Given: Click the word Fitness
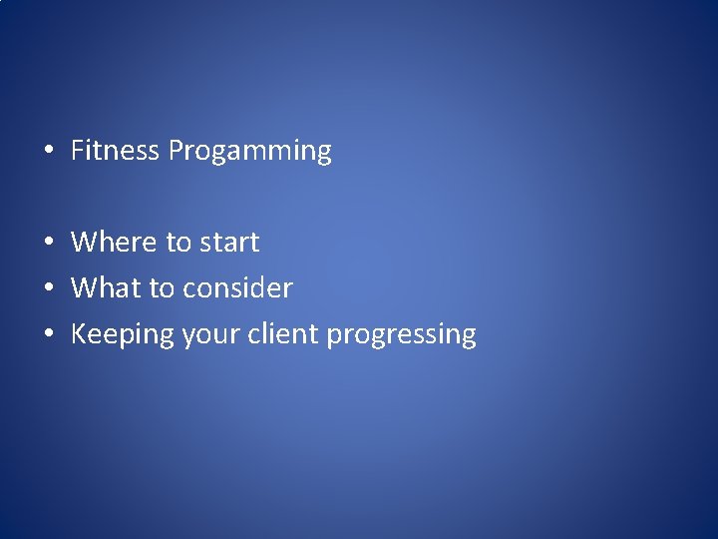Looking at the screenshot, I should (115, 151).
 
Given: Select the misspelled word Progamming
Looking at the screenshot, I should (249, 152).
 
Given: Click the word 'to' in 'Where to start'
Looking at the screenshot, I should (179, 243).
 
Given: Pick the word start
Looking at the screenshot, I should (229, 243).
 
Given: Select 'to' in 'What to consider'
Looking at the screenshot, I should (162, 288).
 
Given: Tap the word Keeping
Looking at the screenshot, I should (123, 334).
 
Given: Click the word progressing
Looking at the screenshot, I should (401, 335).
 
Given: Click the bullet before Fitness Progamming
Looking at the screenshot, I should (48, 152).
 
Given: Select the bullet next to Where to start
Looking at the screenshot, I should (48, 243).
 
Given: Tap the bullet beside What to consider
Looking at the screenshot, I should (48, 288).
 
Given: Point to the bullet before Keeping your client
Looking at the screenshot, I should (48, 334).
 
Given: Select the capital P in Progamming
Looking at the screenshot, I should (176, 151).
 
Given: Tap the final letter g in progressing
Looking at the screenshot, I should (468, 337).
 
